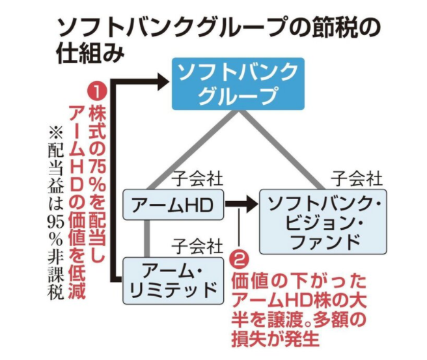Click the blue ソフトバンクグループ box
coord(238,84)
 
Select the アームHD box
coord(173,204)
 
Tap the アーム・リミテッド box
coord(173,281)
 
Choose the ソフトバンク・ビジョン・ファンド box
coord(323,222)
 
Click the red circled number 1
coord(97,92)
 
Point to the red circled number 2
coord(239,260)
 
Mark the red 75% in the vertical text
coord(97,172)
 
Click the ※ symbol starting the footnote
coord(56,133)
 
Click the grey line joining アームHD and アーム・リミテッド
coord(147,238)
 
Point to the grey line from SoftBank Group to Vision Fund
coord(282,150)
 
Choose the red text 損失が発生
coord(275,339)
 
